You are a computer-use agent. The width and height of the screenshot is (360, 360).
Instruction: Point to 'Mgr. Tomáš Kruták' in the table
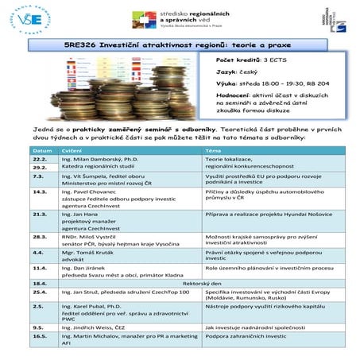pyautogui.click(x=89, y=252)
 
